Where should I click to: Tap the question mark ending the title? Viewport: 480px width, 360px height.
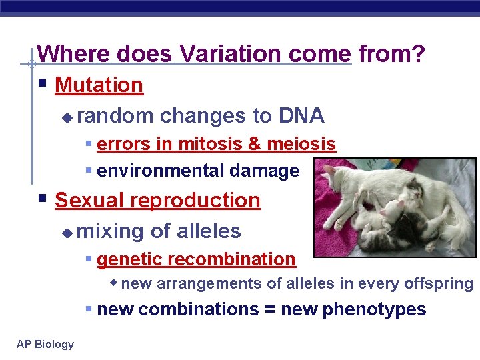(419, 54)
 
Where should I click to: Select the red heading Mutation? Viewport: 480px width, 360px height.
(99, 85)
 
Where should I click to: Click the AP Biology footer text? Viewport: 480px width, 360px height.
(45, 344)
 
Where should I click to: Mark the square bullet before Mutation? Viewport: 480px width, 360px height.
(42, 85)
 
